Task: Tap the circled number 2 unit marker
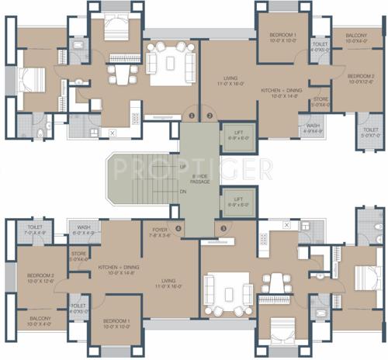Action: [209, 116]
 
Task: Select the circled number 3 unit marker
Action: [223, 228]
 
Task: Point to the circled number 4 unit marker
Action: [178, 228]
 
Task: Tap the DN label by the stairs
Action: [182, 191]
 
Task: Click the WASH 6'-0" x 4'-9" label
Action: [84, 230]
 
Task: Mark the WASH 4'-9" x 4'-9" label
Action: [313, 128]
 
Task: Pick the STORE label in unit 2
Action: [320, 102]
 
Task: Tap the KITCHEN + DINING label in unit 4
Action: [118, 269]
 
